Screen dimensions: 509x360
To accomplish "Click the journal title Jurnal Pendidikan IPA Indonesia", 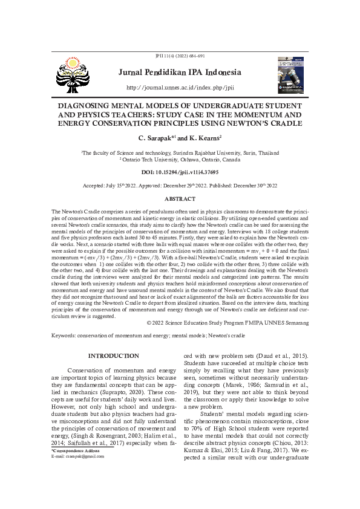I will (x=179, y=73).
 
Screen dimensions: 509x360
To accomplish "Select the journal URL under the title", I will (x=179, y=88).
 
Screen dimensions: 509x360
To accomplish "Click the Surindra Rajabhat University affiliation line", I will (x=180, y=154).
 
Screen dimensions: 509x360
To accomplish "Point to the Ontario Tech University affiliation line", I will (x=180, y=161).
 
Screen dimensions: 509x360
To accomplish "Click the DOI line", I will (x=180, y=172).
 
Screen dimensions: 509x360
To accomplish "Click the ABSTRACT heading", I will (x=180, y=199).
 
